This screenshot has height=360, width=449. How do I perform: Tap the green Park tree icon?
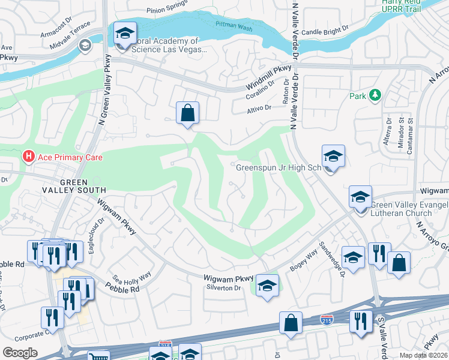tap(375, 95)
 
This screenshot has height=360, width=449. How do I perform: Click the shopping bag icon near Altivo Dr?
tap(187, 112)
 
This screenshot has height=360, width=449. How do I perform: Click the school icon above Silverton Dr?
tap(267, 286)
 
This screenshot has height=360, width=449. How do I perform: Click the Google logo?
tap(20, 352)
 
